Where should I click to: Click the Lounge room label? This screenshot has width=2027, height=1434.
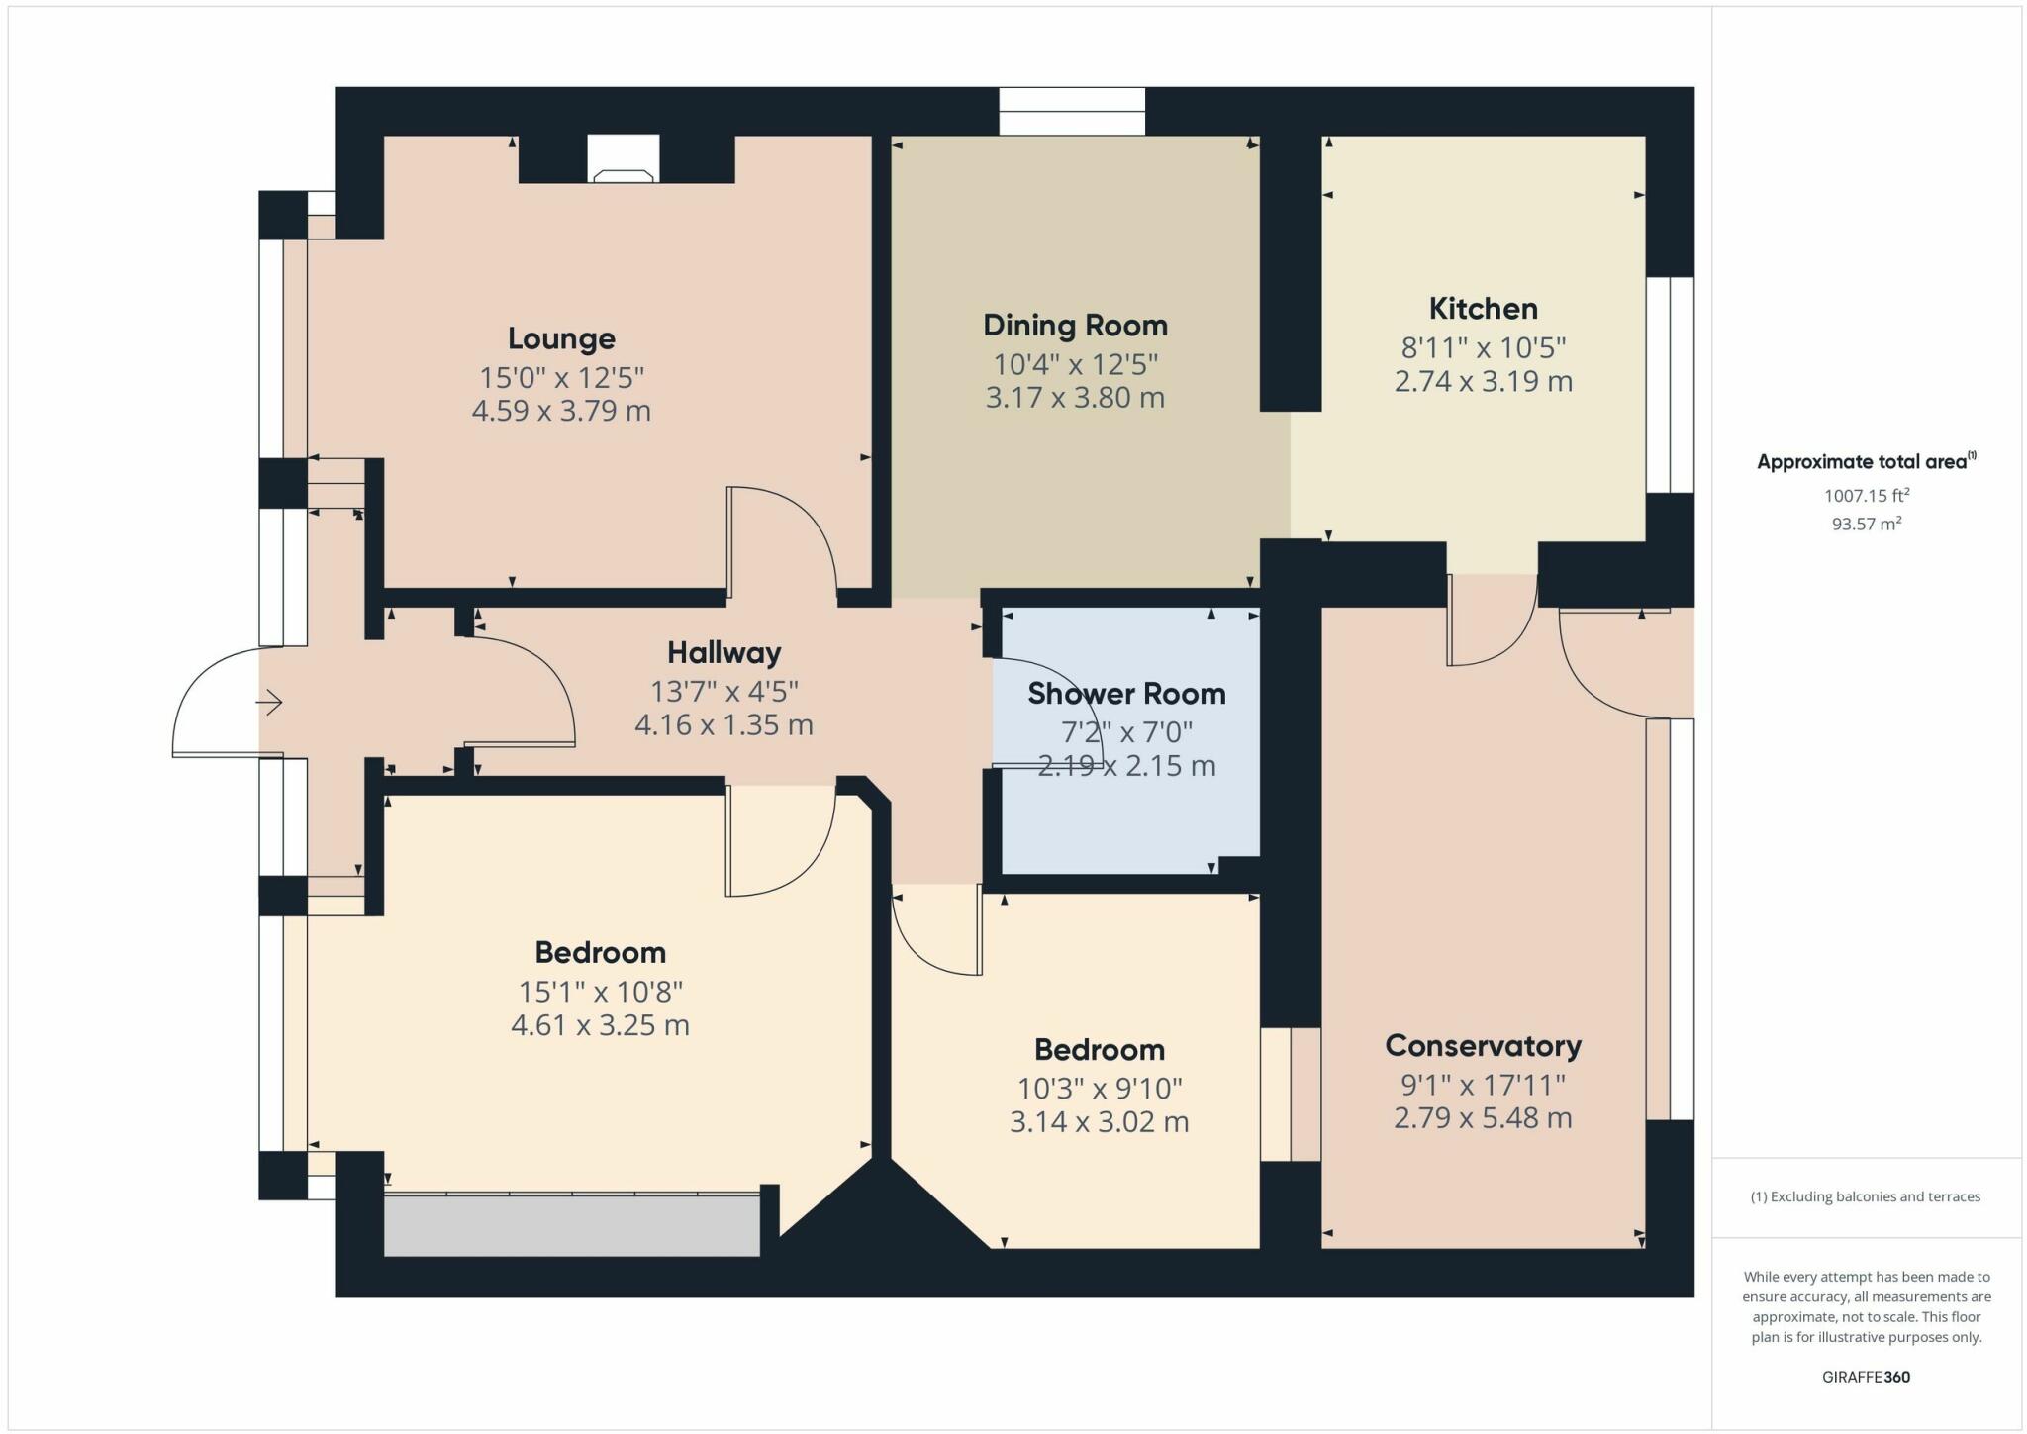pos(561,338)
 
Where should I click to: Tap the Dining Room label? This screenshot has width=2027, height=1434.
pos(1075,326)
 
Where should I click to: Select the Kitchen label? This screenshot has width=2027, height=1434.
pos(1483,309)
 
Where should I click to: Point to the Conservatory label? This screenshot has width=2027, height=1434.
pos(1483,1046)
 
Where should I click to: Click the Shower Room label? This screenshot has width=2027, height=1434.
pos(1126,694)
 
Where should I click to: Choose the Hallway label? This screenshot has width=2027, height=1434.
pos(724,652)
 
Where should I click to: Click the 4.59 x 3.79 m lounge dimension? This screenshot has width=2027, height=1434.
pos(561,411)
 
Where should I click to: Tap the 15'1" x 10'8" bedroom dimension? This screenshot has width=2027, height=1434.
pos(600,991)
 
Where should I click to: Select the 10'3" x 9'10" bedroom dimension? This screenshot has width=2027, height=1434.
pos(1100,1089)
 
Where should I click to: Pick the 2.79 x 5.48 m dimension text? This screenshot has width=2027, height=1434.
pos(1483,1118)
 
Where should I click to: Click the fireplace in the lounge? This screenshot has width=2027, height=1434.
pos(623,159)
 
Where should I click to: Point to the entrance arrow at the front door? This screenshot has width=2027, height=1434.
pos(269,704)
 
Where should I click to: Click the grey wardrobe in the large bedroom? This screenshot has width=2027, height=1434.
pos(571,1226)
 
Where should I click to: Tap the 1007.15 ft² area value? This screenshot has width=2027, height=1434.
pos(1866,495)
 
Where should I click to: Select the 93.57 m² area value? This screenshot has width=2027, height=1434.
pos(1866,524)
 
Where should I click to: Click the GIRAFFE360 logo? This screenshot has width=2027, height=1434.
pos(1866,1377)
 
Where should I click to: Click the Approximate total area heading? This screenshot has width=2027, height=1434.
pos(1866,461)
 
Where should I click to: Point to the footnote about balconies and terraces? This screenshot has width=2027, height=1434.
pos(1866,1196)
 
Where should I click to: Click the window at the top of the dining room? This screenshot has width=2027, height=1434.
pos(1072,111)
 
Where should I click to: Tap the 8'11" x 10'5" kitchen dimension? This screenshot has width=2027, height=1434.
pos(1483,348)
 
